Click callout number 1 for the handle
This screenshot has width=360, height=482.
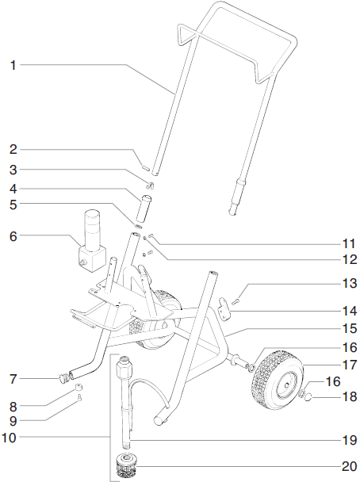(x=13, y=66)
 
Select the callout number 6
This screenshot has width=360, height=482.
(x=13, y=235)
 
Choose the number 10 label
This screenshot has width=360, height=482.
(x=13, y=437)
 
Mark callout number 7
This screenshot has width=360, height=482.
(x=13, y=377)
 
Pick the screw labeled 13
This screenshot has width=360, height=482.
(x=236, y=293)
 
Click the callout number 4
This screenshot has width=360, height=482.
(x=13, y=189)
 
